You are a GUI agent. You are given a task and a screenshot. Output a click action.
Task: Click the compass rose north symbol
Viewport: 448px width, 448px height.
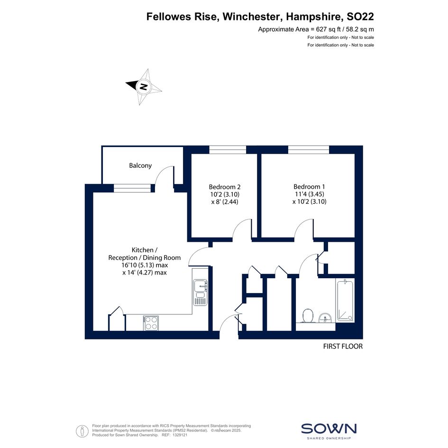point(144,87)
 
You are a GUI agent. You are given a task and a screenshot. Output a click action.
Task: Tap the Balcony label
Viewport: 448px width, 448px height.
point(140,165)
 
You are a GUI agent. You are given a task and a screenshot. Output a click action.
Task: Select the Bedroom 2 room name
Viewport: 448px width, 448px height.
point(225,187)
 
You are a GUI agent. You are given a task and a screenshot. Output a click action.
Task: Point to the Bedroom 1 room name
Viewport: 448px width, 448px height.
point(309,187)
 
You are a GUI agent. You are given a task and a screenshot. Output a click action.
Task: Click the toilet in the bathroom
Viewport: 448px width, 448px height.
point(307,316)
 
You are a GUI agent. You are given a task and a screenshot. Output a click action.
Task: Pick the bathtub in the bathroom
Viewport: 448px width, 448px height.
point(346,301)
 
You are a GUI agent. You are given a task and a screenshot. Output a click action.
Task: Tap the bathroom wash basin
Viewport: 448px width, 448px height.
point(325,318)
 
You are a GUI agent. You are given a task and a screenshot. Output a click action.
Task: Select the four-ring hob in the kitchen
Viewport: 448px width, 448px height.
point(151,323)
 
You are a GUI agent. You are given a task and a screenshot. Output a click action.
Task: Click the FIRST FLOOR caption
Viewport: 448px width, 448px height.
point(343,346)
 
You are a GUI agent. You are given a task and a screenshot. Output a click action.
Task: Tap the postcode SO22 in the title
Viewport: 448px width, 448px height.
point(360,17)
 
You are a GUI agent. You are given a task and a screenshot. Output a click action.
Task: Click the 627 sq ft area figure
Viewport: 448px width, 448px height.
point(328,29)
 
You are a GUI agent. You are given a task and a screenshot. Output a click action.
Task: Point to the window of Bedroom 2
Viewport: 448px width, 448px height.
point(228,150)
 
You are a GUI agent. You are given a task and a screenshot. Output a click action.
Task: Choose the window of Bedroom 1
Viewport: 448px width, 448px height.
point(309,150)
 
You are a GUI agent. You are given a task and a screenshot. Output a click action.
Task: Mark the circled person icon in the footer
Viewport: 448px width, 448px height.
point(82,431)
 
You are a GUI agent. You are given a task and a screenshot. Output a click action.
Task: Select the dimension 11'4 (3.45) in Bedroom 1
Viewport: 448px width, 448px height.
point(310,194)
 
